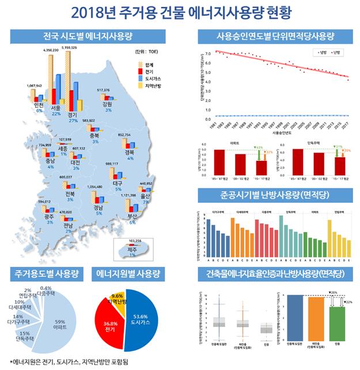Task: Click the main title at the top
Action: click(x=180, y=12)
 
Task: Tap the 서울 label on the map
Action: click(x=56, y=107)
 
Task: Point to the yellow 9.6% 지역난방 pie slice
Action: click(x=117, y=301)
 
